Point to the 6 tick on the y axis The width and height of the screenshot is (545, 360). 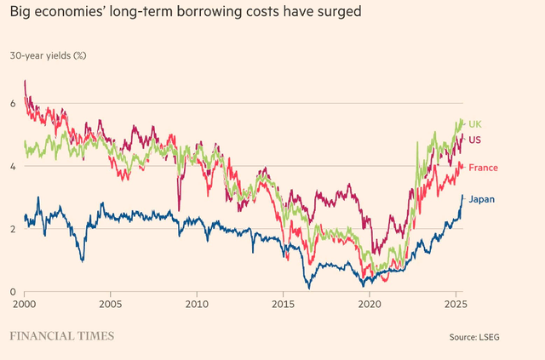13,104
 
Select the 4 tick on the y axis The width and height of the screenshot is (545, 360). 13,167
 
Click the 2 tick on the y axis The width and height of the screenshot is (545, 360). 13,230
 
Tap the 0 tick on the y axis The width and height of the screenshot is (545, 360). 13,292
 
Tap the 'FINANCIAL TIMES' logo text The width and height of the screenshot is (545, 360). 61,336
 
